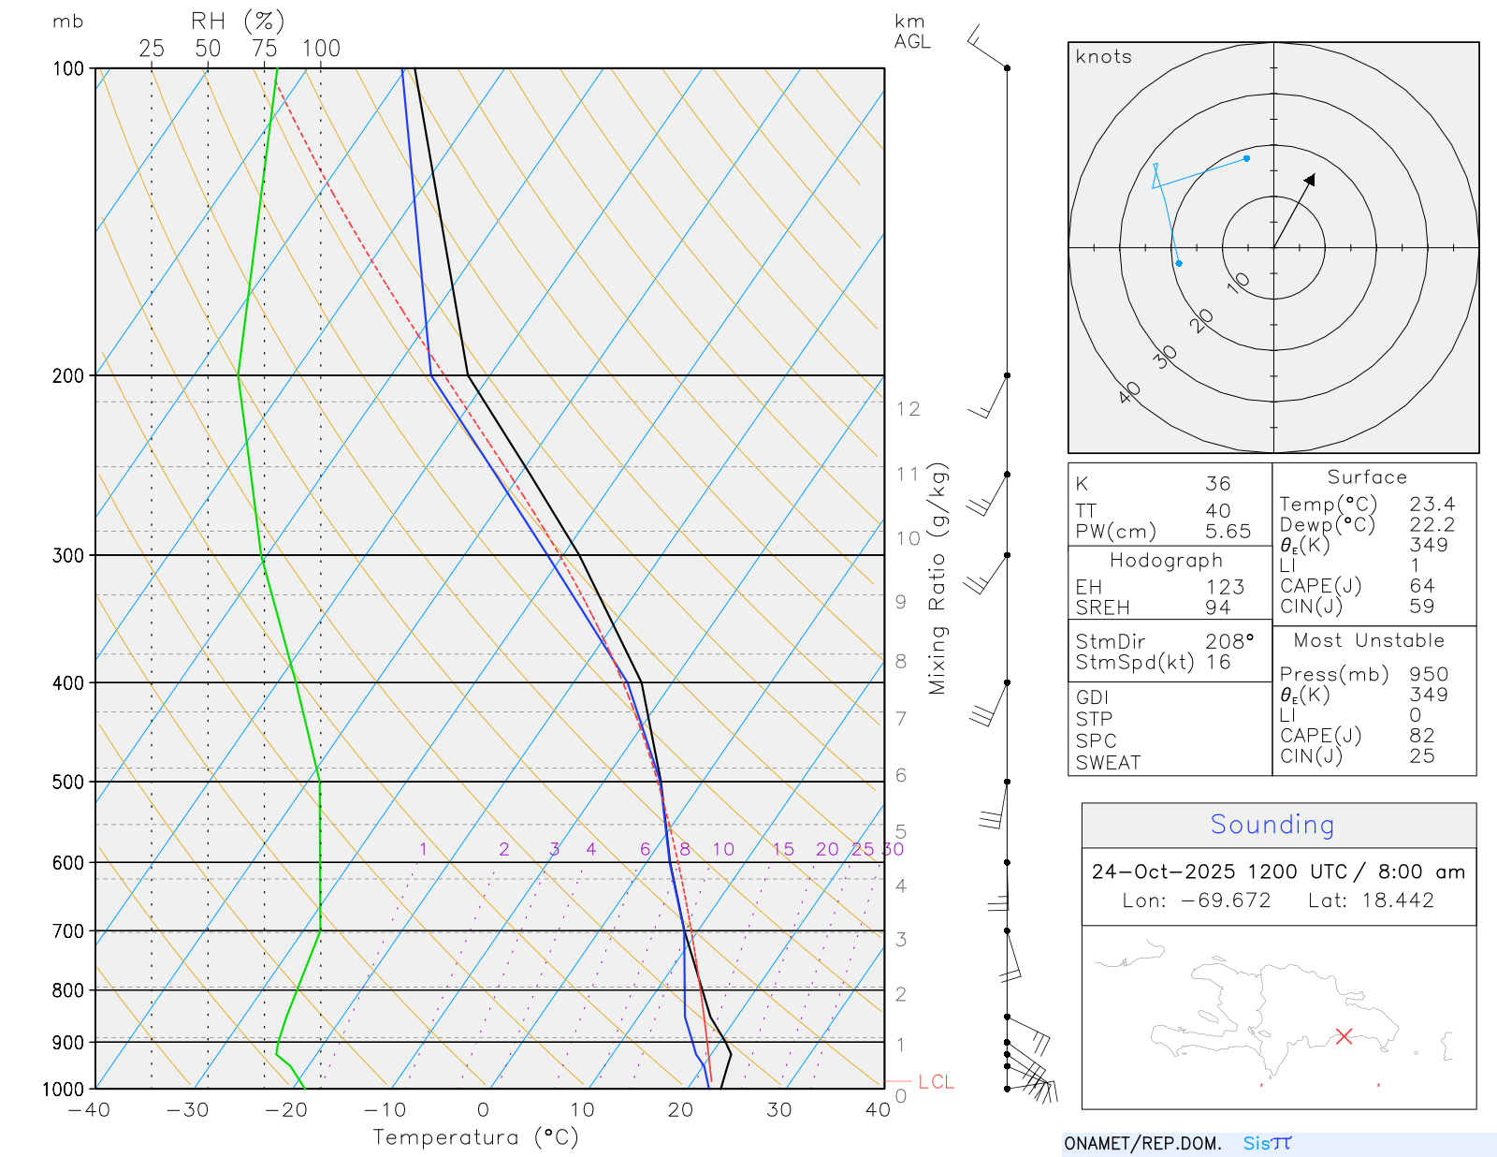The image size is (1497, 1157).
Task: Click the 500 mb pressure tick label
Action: click(x=67, y=782)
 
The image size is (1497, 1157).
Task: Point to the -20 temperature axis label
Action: click(x=286, y=1110)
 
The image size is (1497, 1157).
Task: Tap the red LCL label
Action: click(x=936, y=1082)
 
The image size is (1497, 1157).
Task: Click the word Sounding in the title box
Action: click(x=1272, y=825)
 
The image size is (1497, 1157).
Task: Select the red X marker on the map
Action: click(x=1344, y=1036)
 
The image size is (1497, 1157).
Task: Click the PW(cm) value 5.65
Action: click(x=1228, y=532)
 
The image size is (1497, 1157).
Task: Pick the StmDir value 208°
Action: click(x=1228, y=641)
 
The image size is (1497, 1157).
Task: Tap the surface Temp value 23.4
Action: click(x=1432, y=505)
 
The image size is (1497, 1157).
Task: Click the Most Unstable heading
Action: click(x=1369, y=640)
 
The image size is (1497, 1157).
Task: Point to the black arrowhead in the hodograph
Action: click(x=1310, y=179)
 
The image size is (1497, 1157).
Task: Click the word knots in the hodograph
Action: click(x=1103, y=57)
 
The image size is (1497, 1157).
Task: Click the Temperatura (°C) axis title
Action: click(x=475, y=1137)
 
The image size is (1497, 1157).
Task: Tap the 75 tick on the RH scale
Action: click(x=265, y=49)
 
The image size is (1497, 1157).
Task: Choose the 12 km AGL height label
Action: click(x=908, y=409)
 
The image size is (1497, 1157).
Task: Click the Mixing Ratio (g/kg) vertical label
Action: click(x=937, y=578)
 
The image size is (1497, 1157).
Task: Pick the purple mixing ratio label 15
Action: click(x=783, y=849)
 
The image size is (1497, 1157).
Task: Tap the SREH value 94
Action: click(x=1217, y=608)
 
